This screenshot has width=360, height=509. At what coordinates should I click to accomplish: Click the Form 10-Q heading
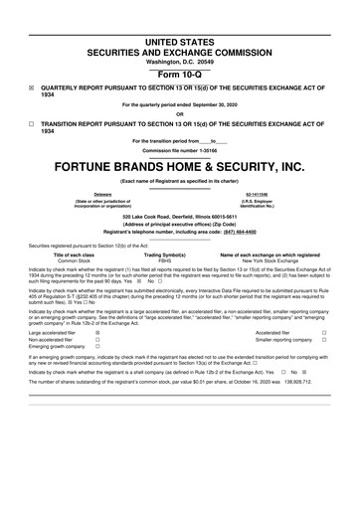point(180,75)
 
